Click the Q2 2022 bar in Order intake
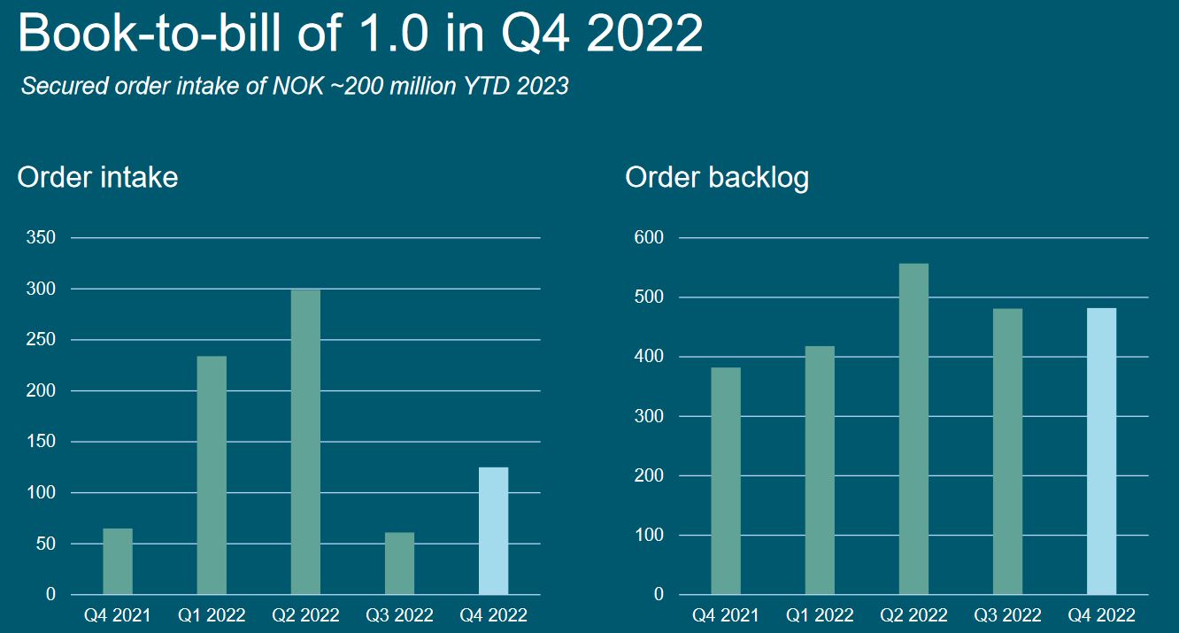click(305, 442)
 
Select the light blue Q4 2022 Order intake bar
click(493, 530)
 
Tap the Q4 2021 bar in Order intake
click(118, 561)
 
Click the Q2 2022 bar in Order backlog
click(913, 428)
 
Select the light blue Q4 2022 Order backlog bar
click(1101, 451)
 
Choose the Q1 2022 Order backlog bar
click(820, 470)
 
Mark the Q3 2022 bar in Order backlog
click(1007, 451)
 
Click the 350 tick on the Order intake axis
click(42, 238)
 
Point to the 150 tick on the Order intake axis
click(42, 442)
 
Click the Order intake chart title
click(97, 177)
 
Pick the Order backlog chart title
click(717, 177)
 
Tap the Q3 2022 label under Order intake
click(399, 615)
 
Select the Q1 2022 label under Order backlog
click(820, 615)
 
